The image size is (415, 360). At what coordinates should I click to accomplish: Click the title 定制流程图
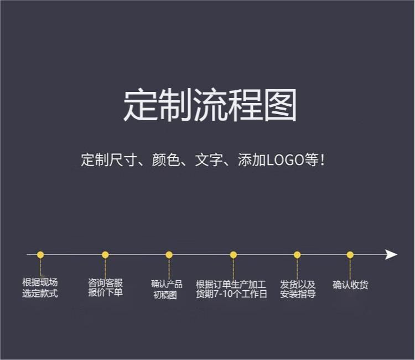point(210,105)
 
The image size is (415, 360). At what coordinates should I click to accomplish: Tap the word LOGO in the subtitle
point(285,160)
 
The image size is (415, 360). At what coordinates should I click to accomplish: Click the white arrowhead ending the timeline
point(391,255)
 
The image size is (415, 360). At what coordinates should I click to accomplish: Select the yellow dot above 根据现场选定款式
point(40,255)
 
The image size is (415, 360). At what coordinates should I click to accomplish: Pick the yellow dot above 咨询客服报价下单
point(105,255)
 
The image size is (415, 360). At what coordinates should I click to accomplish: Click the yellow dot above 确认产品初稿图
point(169,255)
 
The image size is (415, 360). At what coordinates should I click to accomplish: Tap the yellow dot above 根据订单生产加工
point(233,255)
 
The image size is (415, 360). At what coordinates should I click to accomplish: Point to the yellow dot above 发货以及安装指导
point(297,255)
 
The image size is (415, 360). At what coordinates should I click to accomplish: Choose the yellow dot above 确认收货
point(350,255)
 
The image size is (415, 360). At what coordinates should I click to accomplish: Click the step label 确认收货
point(350,285)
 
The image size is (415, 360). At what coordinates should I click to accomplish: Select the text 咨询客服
point(105,283)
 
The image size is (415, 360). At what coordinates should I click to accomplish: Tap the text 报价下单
point(105,292)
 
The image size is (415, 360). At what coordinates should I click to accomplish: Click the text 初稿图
point(165,295)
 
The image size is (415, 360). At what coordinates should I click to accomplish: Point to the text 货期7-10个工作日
point(231,294)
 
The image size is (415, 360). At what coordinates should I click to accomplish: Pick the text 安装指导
point(298,294)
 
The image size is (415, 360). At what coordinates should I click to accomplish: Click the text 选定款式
point(40,293)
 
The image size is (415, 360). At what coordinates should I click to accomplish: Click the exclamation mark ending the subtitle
point(322,160)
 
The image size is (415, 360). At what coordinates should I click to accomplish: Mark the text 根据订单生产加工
point(231,285)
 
